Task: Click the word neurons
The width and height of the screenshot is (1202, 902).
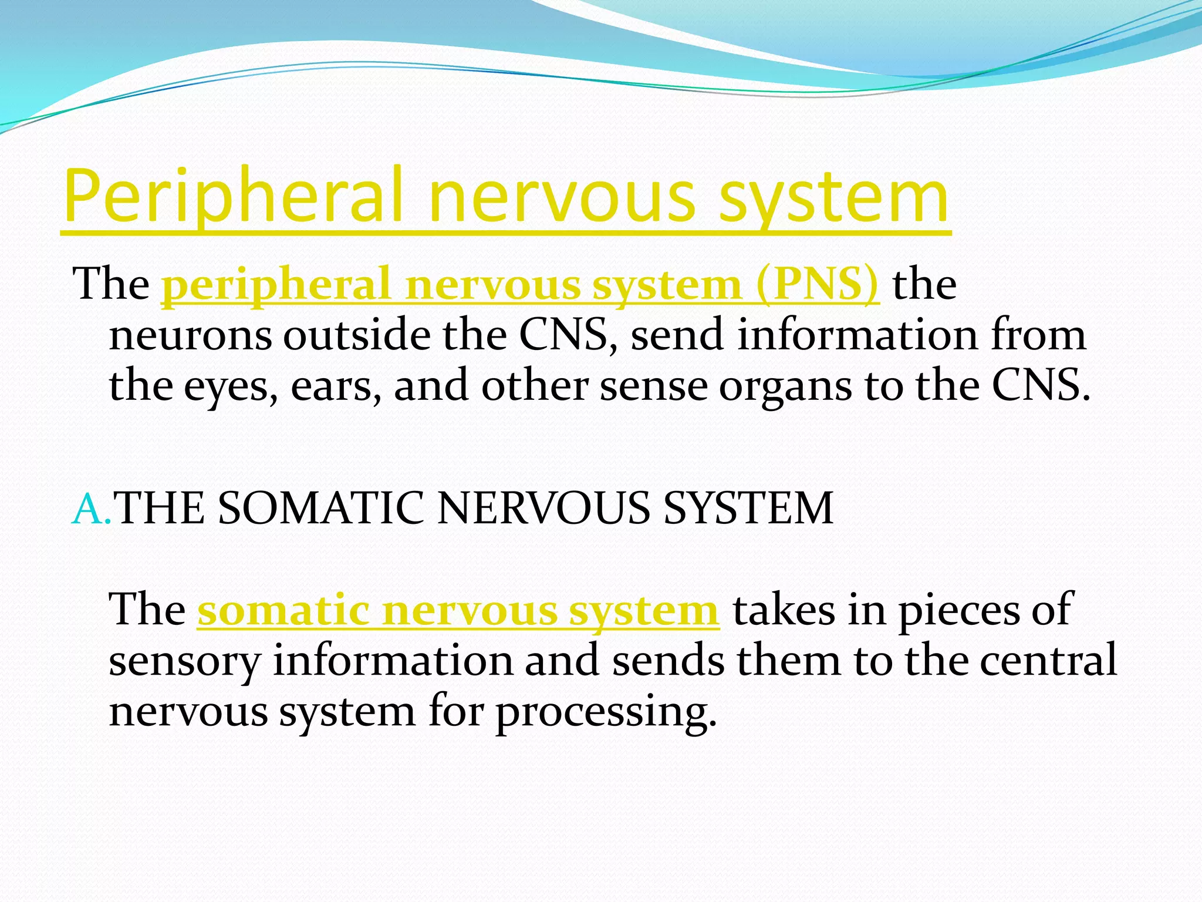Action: click(191, 336)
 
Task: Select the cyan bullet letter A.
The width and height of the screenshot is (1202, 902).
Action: click(89, 509)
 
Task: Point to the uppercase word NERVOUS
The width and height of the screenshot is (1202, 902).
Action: click(543, 508)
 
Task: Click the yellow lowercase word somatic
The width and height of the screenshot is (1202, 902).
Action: click(283, 611)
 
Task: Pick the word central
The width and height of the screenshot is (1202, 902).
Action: click(1048, 660)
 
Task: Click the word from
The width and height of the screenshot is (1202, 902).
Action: click(1039, 335)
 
